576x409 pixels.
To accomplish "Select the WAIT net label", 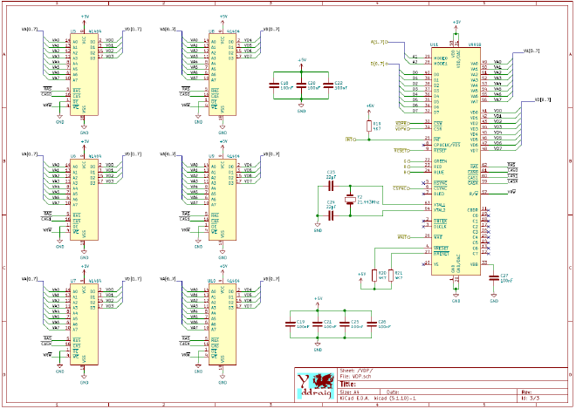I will tap(402, 236).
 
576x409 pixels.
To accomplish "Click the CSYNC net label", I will tap(401, 187).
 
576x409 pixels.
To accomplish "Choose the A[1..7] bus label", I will tap(379, 41).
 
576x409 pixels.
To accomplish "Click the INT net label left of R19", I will tap(350, 139).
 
